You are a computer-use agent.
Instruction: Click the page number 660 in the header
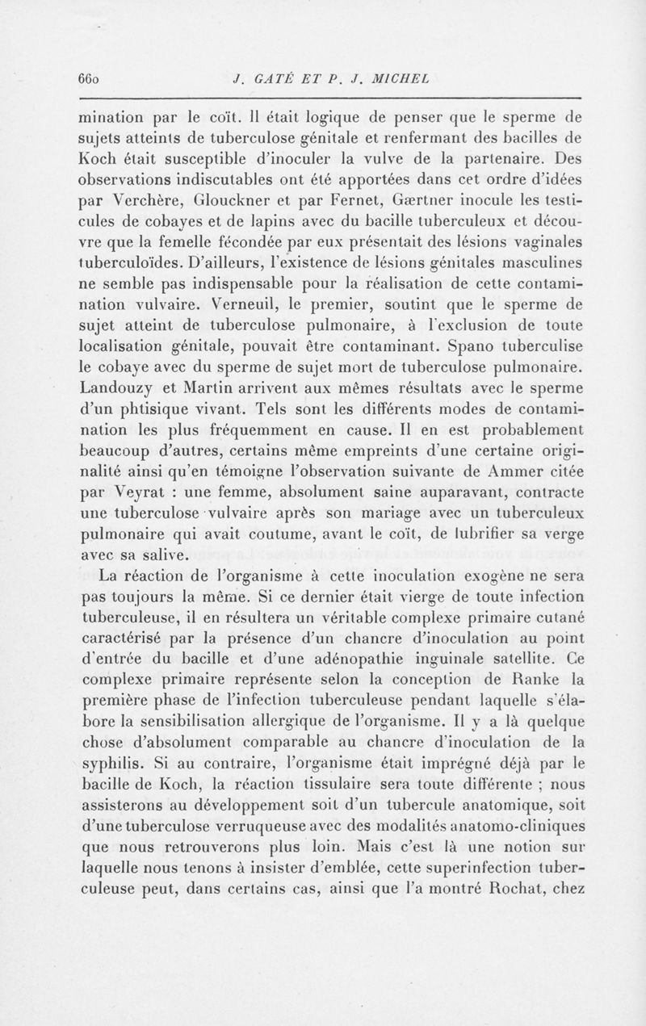88,78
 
